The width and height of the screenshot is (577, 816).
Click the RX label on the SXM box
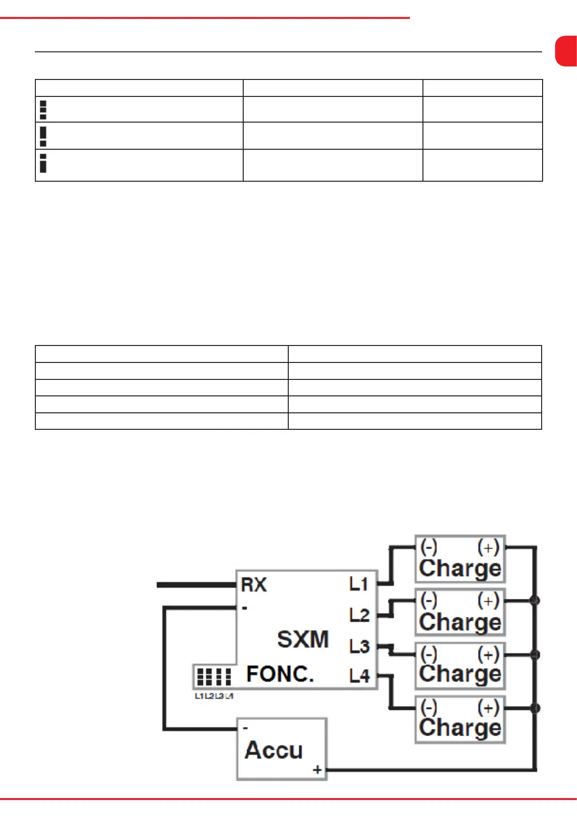254,584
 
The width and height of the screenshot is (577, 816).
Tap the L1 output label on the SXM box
359,584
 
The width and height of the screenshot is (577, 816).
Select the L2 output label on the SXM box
359,615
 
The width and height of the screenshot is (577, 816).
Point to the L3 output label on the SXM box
359,646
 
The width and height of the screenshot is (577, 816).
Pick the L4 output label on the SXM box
359,676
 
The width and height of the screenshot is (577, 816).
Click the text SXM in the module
303,639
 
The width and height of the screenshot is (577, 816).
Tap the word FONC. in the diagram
280,674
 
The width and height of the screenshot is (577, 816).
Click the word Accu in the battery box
274,750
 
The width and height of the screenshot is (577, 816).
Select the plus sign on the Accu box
317,769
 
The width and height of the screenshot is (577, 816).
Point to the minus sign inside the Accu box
246,728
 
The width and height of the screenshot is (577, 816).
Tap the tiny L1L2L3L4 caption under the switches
214,696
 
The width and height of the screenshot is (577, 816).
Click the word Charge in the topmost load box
460,568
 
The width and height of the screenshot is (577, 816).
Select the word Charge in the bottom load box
460,728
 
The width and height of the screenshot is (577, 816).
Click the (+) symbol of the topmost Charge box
488,548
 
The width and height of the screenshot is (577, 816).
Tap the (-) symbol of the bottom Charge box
429,708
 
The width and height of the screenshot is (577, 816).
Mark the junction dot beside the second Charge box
534,601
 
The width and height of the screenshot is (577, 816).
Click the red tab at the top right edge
566,51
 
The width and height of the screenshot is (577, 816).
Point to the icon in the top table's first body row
43,110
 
